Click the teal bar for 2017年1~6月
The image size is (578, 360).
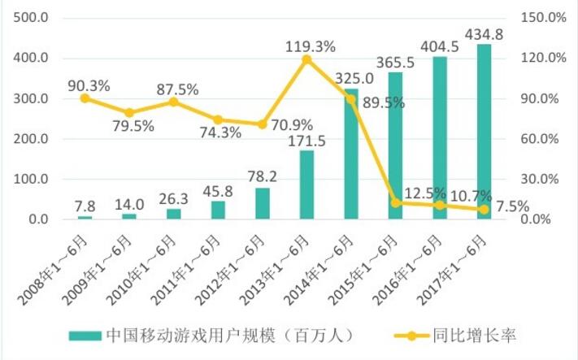click(484, 132)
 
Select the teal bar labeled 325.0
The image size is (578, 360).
click(351, 154)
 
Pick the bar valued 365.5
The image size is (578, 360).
click(395, 146)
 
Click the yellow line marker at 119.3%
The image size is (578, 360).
click(306, 59)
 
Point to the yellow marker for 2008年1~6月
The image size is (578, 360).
click(85, 98)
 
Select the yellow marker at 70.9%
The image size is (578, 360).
click(262, 124)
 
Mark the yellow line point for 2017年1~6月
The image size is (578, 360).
click(484, 210)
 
